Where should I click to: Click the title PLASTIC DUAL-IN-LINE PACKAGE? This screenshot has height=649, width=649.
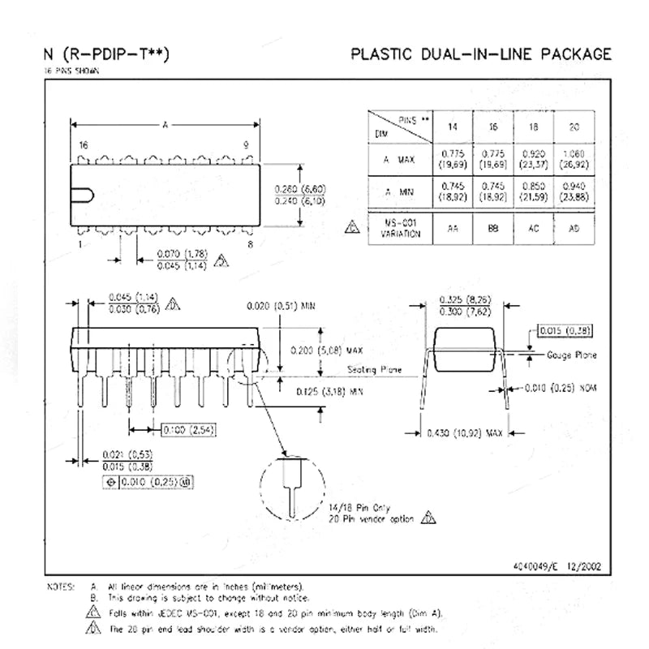coord(480,55)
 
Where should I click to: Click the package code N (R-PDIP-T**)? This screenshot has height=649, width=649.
coord(108,55)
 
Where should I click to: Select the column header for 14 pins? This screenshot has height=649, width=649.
coord(452,127)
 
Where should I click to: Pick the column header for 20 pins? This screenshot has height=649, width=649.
coord(574,127)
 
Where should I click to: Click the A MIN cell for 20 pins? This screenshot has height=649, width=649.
coord(574,193)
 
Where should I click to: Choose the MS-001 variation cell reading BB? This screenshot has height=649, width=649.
coord(492,228)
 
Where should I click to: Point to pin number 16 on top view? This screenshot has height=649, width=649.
coord(83,144)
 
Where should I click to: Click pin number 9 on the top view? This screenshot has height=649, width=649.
coord(246,144)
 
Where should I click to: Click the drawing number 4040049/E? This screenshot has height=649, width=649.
coord(539,567)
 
